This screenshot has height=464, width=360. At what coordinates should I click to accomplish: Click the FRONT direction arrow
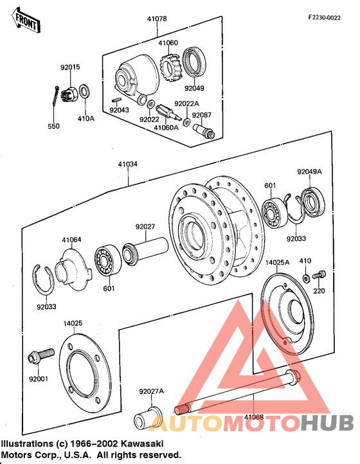click(x=26, y=21)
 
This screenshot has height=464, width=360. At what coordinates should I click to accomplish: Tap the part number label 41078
click(x=157, y=19)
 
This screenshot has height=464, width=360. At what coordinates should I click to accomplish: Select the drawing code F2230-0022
click(x=324, y=17)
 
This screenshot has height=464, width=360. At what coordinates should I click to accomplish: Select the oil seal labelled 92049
click(x=194, y=62)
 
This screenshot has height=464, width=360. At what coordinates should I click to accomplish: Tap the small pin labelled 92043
click(x=116, y=100)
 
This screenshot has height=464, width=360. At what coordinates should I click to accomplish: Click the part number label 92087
click(x=202, y=115)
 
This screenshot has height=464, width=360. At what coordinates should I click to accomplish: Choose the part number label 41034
click(x=128, y=164)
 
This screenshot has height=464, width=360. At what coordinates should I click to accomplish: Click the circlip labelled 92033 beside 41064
click(x=43, y=280)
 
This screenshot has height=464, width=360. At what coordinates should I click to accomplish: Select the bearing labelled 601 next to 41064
click(x=108, y=260)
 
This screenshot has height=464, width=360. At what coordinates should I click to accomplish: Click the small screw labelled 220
click(x=319, y=274)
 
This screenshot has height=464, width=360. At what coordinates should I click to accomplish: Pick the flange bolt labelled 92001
click(x=41, y=356)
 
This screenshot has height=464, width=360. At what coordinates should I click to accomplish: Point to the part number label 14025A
click(x=278, y=262)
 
